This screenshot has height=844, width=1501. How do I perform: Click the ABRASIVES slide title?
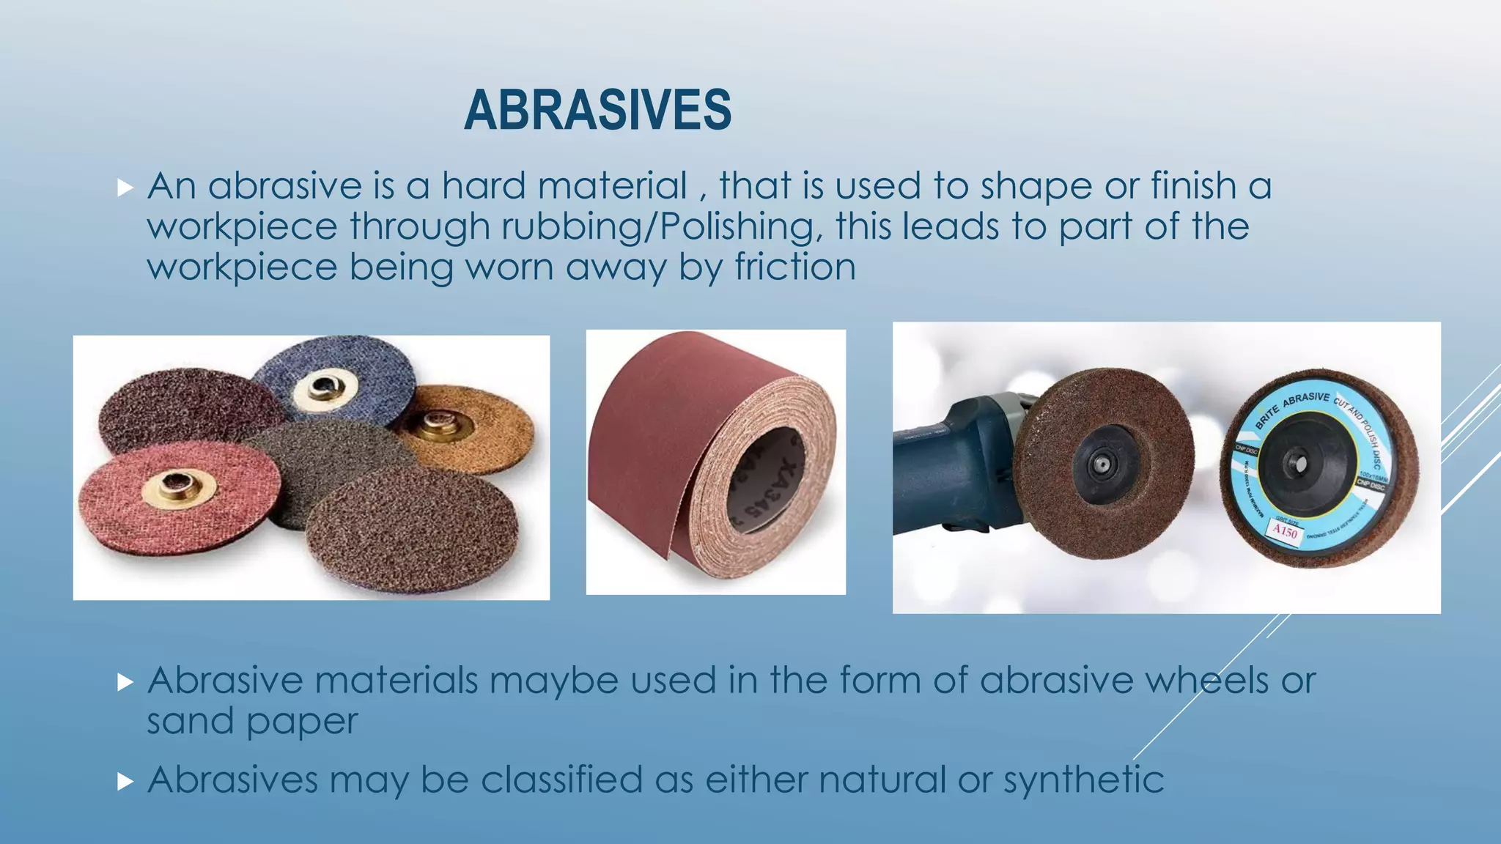pos(597,110)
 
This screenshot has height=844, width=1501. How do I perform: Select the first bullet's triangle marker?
pos(125,188)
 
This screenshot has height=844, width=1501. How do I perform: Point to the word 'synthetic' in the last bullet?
pos(1083,780)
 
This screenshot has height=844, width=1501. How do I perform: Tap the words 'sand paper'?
pos(252,722)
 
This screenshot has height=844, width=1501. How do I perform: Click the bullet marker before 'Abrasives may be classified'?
pos(125,782)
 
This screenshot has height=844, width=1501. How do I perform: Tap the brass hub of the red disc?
pos(175,486)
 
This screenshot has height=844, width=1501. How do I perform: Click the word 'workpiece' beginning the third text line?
pos(242,267)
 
